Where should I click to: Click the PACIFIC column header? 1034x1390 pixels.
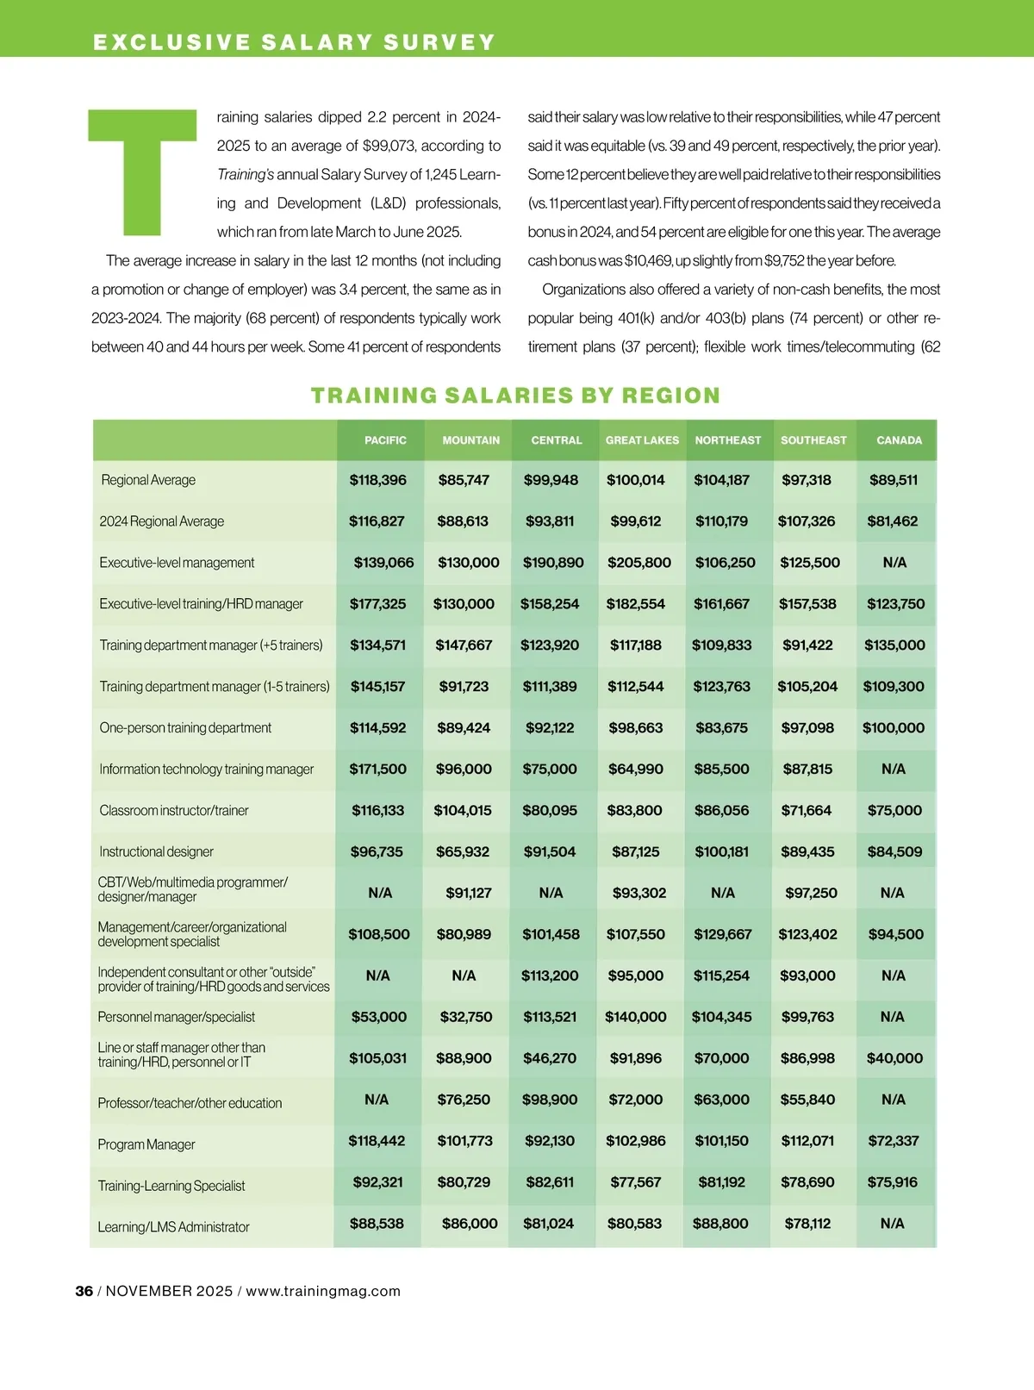coord(385,440)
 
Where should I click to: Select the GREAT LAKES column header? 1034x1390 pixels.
coord(642,440)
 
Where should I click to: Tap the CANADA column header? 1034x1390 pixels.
coord(899,440)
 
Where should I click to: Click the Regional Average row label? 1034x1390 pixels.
coord(148,480)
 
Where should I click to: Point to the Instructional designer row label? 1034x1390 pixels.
coord(156,852)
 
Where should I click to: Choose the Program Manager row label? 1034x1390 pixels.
coord(146,1144)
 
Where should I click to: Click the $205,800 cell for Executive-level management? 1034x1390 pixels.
coord(638,563)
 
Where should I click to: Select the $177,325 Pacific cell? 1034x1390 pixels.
coord(377,604)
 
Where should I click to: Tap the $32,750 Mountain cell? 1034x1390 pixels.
coord(465,1017)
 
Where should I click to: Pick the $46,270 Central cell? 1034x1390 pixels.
coord(550,1058)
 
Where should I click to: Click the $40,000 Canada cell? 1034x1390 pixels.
coord(894,1058)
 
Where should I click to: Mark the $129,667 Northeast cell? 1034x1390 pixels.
coord(722,934)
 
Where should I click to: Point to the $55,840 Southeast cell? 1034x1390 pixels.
coord(807,1100)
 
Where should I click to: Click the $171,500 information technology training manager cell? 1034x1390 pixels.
coord(377,770)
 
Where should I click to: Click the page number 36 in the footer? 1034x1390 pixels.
coord(84,1291)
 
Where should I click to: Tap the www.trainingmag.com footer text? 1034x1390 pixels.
coord(323,1291)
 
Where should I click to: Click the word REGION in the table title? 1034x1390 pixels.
coord(671,396)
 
